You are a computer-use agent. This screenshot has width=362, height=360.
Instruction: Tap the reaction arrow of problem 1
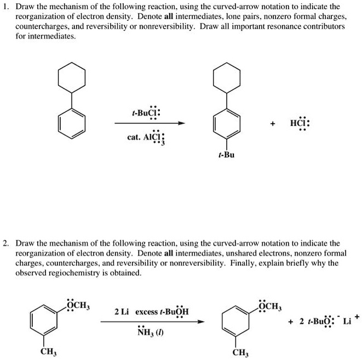point(149,124)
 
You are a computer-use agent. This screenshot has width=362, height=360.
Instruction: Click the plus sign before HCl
point(271,124)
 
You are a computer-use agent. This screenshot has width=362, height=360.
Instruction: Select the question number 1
point(5,7)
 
